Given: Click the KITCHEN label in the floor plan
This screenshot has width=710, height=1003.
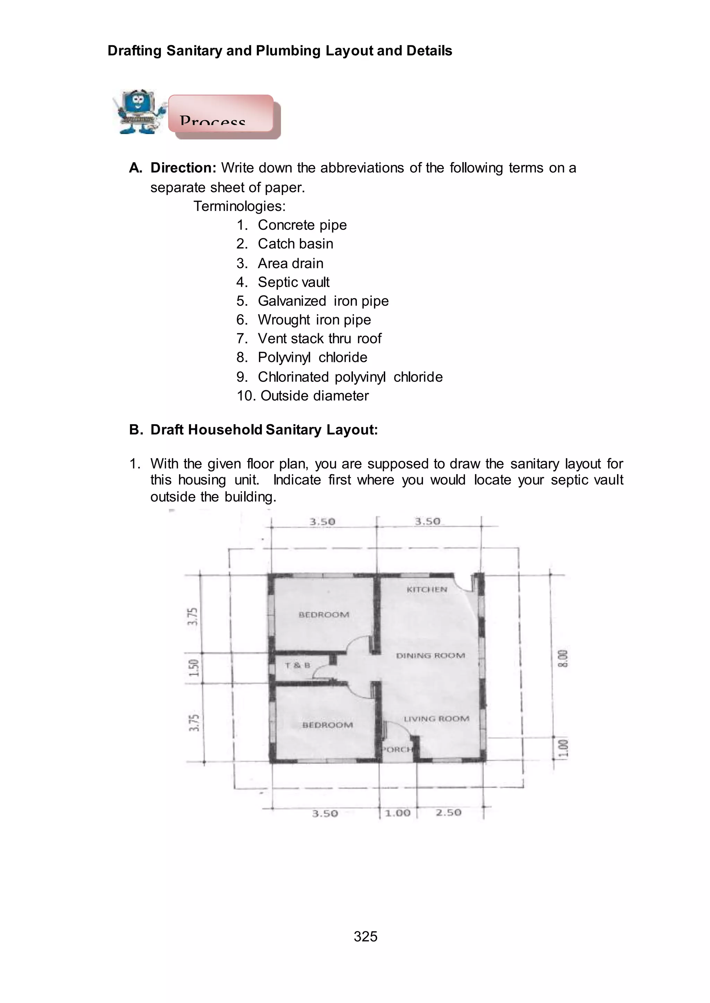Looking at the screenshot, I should click(427, 589).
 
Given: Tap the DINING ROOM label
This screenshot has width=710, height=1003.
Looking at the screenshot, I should click(430, 655).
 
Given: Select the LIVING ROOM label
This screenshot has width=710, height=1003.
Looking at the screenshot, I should click(436, 719).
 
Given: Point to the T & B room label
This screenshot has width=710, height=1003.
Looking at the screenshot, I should click(297, 665).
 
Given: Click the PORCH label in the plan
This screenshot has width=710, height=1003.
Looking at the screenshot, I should click(397, 749).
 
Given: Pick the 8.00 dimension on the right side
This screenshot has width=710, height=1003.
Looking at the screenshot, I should click(564, 659).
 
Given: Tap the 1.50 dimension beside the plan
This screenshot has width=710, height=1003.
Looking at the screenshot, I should click(194, 667).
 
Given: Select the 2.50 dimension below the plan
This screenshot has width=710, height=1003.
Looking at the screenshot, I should click(448, 813).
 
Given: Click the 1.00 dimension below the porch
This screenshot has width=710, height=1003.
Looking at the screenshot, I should click(397, 813).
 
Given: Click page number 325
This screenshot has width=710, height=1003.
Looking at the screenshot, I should click(365, 936).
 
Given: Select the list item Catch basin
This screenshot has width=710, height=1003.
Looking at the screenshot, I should click(295, 244).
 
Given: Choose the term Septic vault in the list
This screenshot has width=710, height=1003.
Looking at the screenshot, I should click(293, 282).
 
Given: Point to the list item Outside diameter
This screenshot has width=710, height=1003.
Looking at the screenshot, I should click(314, 396).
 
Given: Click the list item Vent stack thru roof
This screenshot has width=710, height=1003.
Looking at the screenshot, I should click(319, 339).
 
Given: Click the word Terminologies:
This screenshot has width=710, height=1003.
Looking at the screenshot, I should click(240, 206).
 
